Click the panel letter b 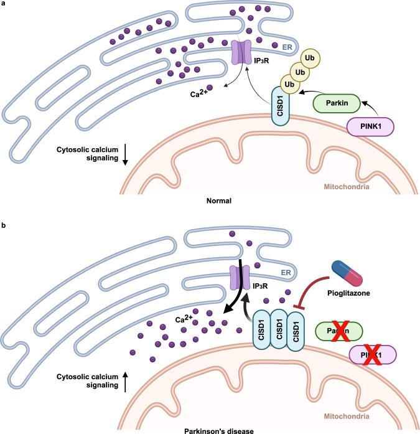tap(4, 223)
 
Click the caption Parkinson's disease tap(210, 430)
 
